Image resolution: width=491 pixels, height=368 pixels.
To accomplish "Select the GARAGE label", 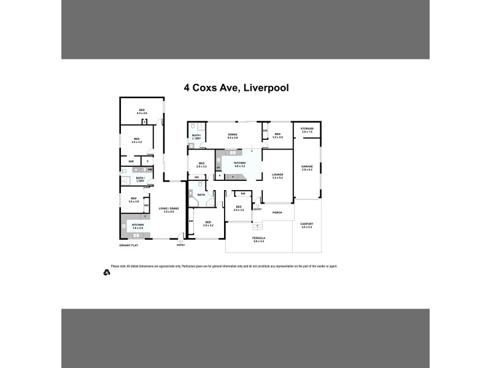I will (307, 167).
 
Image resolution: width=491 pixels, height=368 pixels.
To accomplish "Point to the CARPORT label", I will (307, 225).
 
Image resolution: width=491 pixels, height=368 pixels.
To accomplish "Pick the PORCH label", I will (277, 212).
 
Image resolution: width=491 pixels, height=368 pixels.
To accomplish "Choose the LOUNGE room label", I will (277, 175).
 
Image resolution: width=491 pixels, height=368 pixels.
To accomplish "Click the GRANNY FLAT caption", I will (131, 245).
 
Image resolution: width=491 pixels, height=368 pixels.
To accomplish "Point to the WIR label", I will (131, 161).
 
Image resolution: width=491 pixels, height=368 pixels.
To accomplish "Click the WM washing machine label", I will (150, 169).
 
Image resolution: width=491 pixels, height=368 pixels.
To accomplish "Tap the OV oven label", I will (218, 167).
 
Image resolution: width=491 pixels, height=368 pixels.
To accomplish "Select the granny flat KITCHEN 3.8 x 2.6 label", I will (137, 226).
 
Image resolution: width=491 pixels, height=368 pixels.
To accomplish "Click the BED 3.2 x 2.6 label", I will (277, 136).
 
